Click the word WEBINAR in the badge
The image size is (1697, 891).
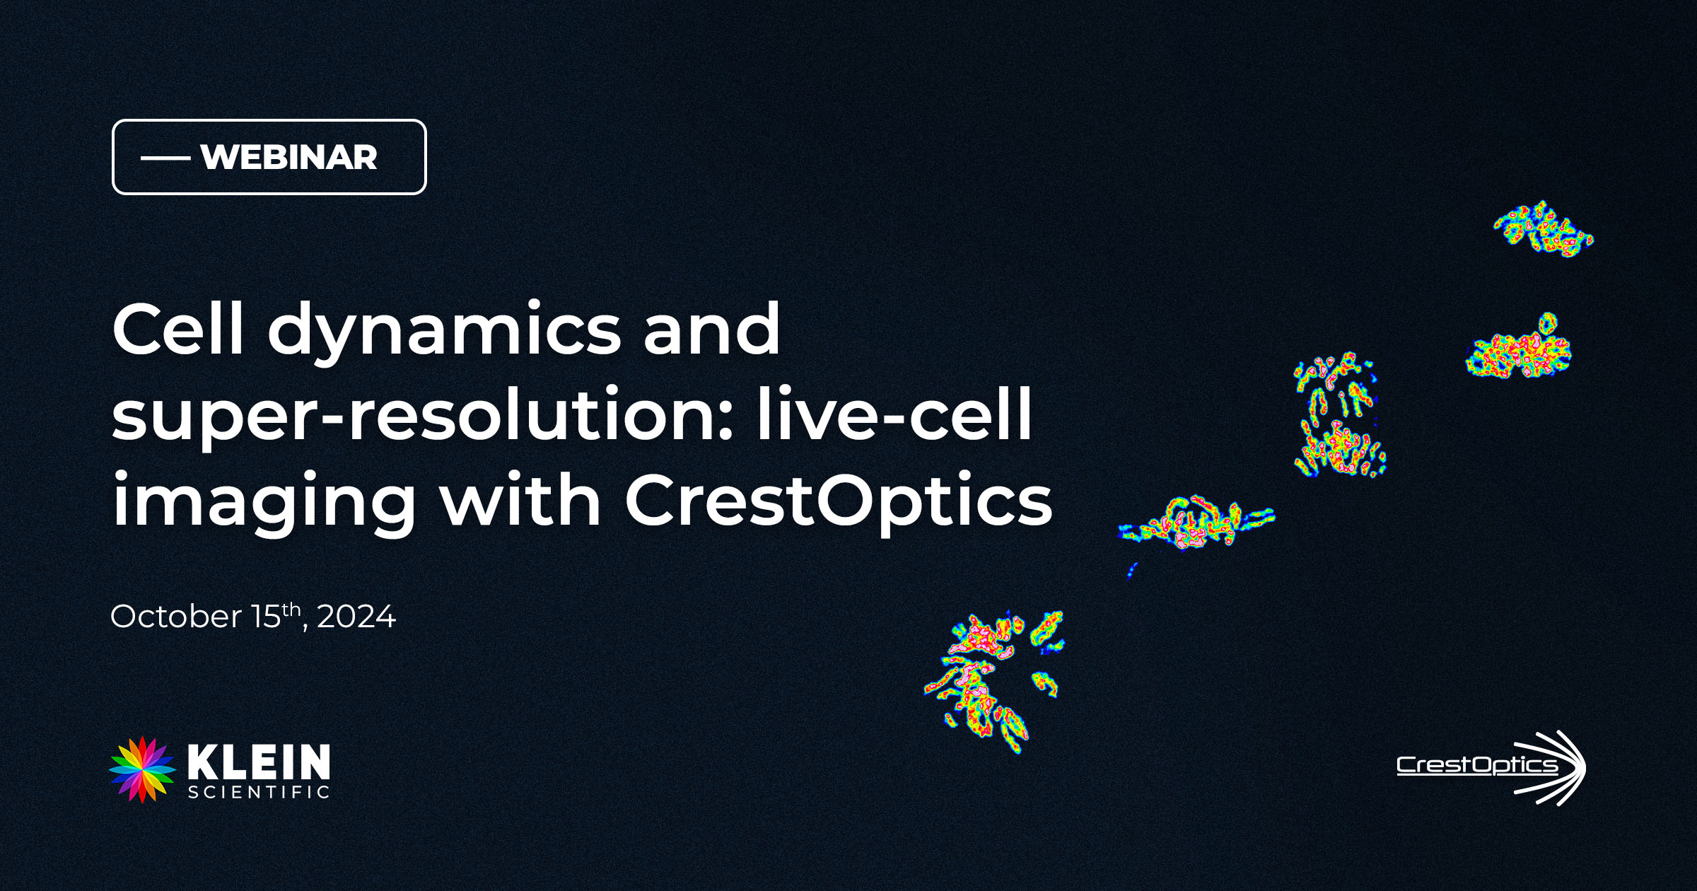288,157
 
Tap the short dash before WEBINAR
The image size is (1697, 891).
165,158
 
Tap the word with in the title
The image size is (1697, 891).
520,499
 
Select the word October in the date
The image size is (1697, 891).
176,617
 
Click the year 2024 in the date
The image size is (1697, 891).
356,617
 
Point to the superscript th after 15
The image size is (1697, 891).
291,610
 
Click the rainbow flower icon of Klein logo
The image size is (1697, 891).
142,770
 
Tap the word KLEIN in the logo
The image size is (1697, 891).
259,762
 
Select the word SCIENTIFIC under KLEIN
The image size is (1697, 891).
259,792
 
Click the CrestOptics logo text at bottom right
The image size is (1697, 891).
1477,765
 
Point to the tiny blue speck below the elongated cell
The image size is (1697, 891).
1131,570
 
